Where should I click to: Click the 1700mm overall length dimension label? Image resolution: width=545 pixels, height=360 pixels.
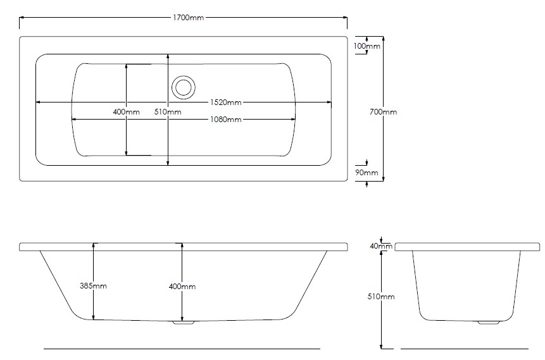pos(189,17)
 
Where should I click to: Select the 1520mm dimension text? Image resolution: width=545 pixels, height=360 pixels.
pos(226,102)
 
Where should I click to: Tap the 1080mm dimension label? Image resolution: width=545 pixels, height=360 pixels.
pos(226,120)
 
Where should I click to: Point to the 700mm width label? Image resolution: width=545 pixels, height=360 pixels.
pos(384,112)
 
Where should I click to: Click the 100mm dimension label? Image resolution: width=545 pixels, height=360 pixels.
pos(366,46)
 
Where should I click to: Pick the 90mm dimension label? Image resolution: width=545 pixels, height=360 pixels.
pos(366,173)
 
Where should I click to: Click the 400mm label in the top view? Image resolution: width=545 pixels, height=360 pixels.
pos(126,112)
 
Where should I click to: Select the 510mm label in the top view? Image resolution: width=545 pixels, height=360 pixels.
pos(168,112)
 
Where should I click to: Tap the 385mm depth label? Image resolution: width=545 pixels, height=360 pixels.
pos(94,286)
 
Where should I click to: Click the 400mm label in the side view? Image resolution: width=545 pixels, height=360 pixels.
pos(183,287)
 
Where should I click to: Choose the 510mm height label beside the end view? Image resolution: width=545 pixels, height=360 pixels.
pos(382,296)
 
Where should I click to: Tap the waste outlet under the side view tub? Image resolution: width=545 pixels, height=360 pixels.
pos(184,323)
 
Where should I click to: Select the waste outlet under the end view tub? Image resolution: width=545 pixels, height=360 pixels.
pos(488,323)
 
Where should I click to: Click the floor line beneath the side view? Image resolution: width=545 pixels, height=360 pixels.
pos(182,349)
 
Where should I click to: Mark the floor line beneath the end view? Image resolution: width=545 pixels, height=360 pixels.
pos(464,349)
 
